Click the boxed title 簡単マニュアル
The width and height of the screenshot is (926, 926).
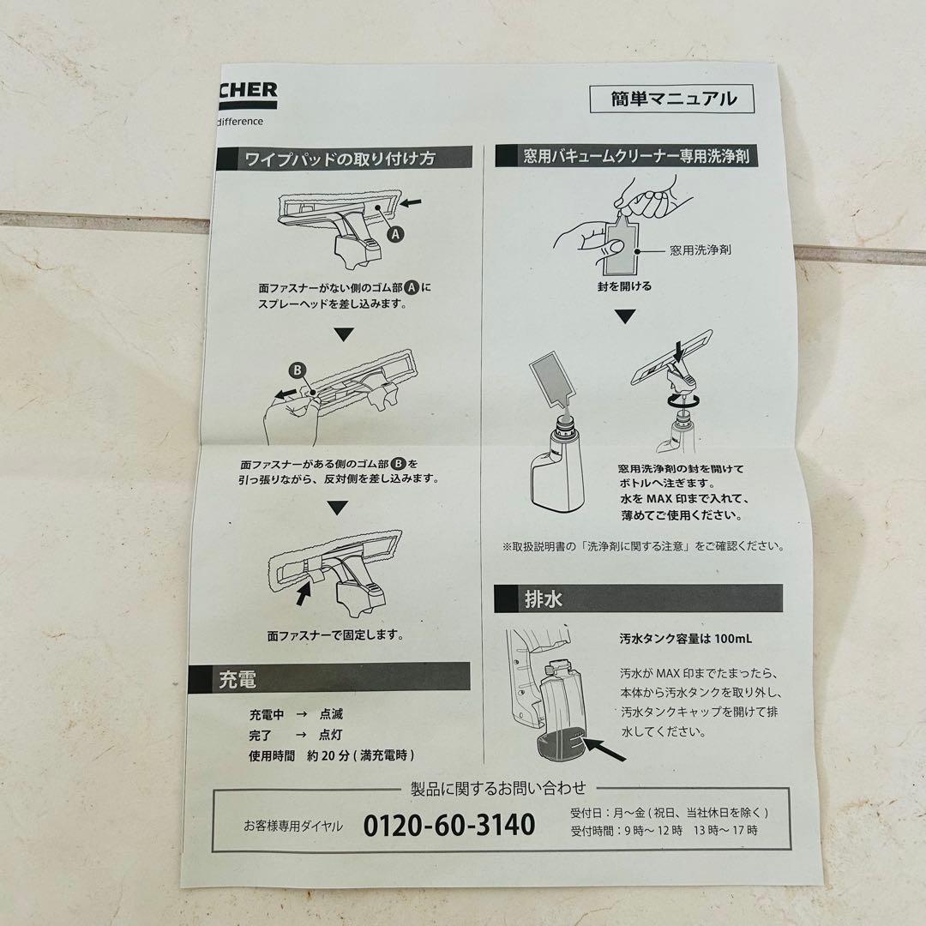[673, 99]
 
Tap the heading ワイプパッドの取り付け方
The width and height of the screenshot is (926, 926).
[340, 159]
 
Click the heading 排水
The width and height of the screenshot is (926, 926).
[544, 598]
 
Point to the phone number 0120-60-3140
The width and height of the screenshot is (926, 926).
[448, 825]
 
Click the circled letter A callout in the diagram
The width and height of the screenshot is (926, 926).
[394, 232]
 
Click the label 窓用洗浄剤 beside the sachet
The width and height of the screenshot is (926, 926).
[701, 251]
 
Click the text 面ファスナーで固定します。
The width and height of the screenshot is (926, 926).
[335, 636]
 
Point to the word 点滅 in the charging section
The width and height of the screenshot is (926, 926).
[331, 714]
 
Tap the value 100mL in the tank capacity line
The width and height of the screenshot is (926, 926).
[734, 639]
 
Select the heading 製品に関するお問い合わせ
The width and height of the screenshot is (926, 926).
[499, 788]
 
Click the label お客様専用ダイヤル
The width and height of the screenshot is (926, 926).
[292, 826]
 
